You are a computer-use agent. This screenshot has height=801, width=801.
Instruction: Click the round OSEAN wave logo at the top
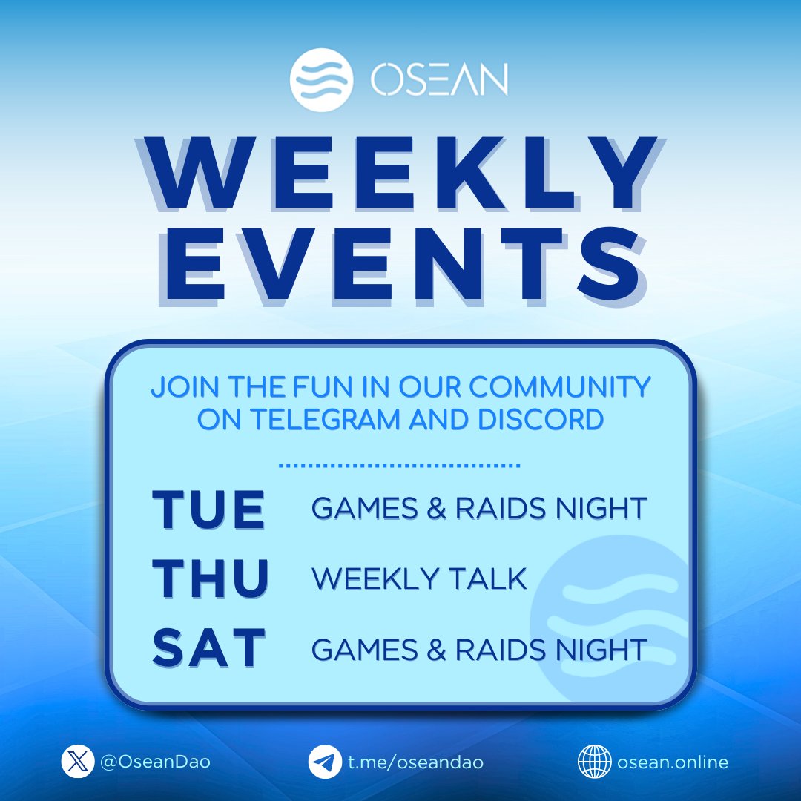pos(323,79)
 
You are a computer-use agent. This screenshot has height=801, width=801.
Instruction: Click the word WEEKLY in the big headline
pos(400,175)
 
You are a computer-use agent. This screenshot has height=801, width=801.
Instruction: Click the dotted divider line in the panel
pos(400,467)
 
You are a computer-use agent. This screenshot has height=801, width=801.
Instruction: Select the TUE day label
pos(208,509)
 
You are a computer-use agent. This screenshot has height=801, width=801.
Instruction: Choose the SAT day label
pos(208,647)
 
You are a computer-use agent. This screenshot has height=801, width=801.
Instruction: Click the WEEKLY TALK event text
pos(419,578)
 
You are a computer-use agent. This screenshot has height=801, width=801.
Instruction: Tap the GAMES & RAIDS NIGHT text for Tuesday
pos(479,509)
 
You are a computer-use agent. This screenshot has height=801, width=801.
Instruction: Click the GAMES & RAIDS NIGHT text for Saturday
pos(479,649)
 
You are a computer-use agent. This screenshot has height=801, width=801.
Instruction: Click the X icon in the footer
pos(78,762)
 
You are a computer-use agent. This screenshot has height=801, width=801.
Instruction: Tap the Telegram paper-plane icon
pos(325,762)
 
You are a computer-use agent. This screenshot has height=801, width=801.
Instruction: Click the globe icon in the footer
pos(593,762)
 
